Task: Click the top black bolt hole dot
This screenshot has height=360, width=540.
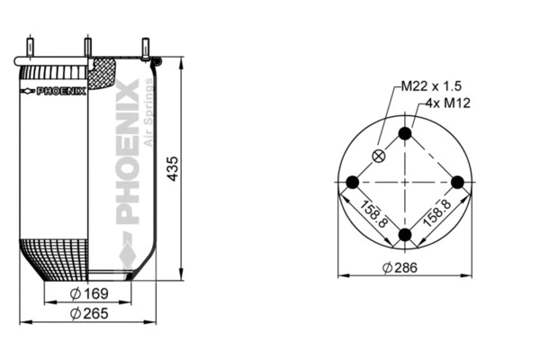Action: click(x=405, y=134)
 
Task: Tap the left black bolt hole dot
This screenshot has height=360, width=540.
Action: click(x=353, y=183)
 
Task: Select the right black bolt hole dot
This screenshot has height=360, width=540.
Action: click(x=457, y=183)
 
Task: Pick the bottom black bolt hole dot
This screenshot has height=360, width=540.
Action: click(x=405, y=235)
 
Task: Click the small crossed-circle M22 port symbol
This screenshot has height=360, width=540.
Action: click(x=380, y=156)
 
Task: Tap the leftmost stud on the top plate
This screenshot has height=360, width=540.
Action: click(x=31, y=46)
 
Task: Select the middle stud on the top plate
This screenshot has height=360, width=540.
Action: click(x=88, y=46)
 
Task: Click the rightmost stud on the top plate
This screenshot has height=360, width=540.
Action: click(x=144, y=47)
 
